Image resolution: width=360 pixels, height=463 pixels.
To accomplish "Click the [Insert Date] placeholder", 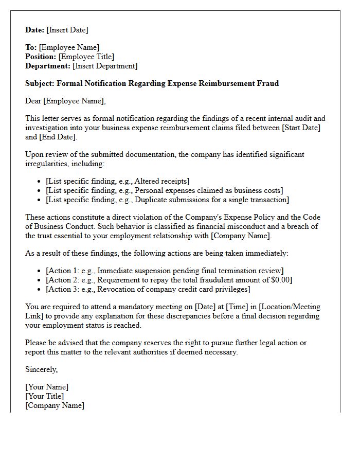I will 67,30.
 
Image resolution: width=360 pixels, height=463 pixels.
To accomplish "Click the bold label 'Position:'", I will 41,57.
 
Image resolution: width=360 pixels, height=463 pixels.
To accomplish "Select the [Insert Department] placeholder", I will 105,66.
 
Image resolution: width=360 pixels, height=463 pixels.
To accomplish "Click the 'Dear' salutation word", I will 33,101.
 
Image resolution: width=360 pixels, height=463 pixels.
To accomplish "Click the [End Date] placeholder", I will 58,137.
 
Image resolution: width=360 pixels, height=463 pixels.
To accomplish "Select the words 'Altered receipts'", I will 161,181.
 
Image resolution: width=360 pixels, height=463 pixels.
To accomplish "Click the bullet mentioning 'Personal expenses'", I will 164,190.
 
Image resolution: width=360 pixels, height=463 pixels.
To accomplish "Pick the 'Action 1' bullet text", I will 165,271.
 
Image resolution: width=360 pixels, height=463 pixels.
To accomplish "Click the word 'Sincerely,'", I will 42,369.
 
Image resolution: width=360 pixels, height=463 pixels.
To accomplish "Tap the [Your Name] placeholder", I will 47,387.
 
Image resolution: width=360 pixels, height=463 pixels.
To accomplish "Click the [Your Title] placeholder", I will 45,396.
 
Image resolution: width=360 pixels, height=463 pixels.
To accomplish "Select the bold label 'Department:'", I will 48,66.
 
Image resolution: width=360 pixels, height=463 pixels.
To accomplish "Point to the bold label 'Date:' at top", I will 35,30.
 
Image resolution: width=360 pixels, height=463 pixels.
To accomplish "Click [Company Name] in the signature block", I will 55,405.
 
